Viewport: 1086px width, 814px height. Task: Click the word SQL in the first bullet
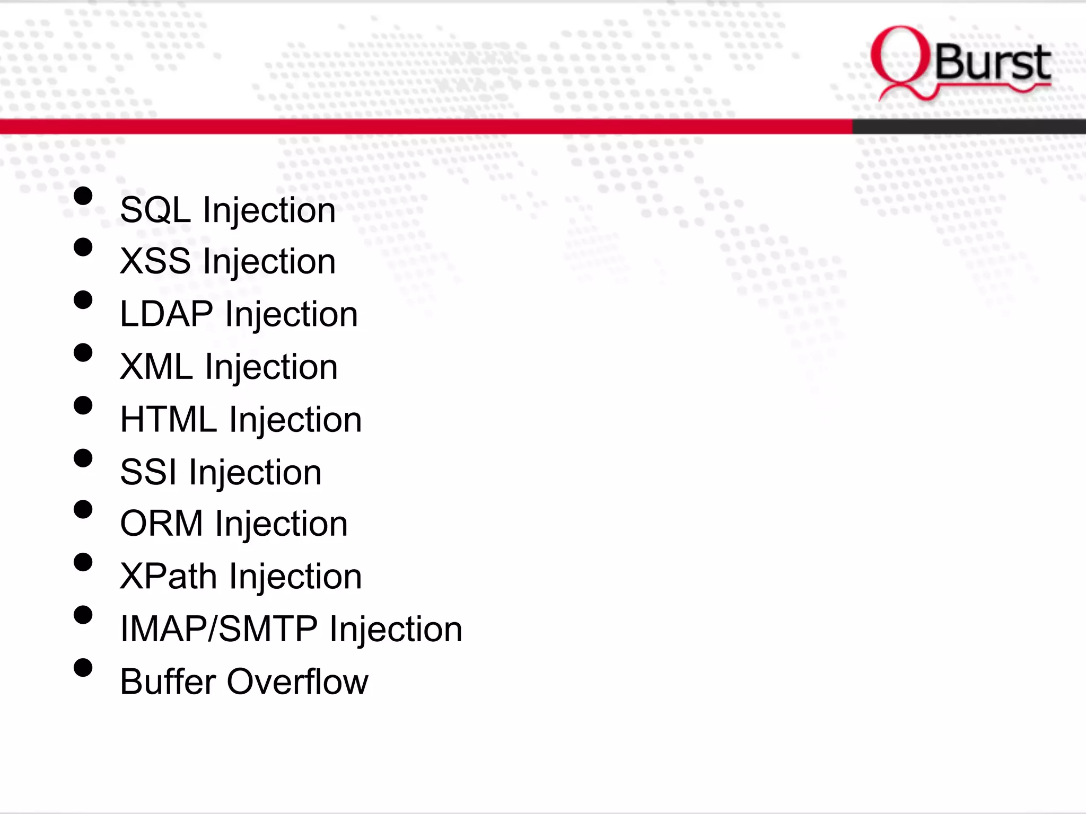(x=155, y=210)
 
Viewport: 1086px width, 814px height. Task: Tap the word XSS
(x=155, y=261)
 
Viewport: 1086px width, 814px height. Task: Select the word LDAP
(x=167, y=314)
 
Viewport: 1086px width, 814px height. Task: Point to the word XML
(x=156, y=366)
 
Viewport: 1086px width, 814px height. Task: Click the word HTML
(x=168, y=419)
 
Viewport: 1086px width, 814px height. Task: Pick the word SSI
(x=148, y=472)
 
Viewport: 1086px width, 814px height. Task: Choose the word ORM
(x=161, y=524)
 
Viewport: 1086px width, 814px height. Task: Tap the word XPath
(x=168, y=576)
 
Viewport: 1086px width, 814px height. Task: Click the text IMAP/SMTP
(x=218, y=629)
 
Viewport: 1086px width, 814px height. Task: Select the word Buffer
(x=168, y=682)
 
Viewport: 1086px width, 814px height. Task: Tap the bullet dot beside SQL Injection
(x=83, y=196)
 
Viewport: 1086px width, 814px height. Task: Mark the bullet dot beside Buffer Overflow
(x=83, y=668)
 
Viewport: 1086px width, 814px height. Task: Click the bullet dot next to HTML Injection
(x=83, y=405)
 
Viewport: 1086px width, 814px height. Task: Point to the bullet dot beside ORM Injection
(x=83, y=510)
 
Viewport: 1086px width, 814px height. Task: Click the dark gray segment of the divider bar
(x=968, y=126)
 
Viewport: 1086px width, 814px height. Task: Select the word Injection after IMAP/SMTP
(x=396, y=629)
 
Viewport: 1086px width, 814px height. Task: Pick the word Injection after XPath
(x=295, y=576)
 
